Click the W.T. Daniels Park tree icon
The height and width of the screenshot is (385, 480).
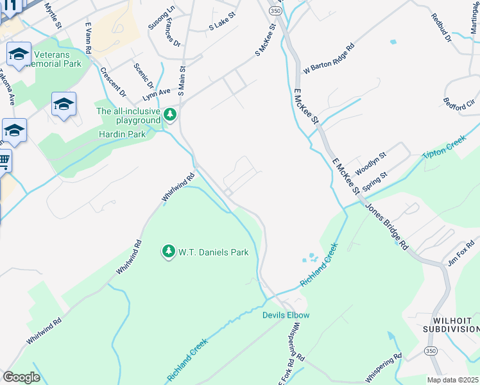coord(169,252)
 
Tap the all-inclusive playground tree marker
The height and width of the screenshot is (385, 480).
coord(170,115)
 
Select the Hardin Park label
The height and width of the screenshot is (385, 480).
coord(122,134)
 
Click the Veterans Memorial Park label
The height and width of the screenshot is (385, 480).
coord(55,59)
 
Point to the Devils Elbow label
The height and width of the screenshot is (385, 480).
coord(286,315)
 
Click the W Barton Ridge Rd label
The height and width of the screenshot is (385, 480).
coord(329,58)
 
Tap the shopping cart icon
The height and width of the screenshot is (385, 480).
coord(4,160)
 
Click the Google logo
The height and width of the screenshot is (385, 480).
coord(21,377)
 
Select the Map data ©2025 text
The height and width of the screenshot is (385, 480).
coord(452,380)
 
